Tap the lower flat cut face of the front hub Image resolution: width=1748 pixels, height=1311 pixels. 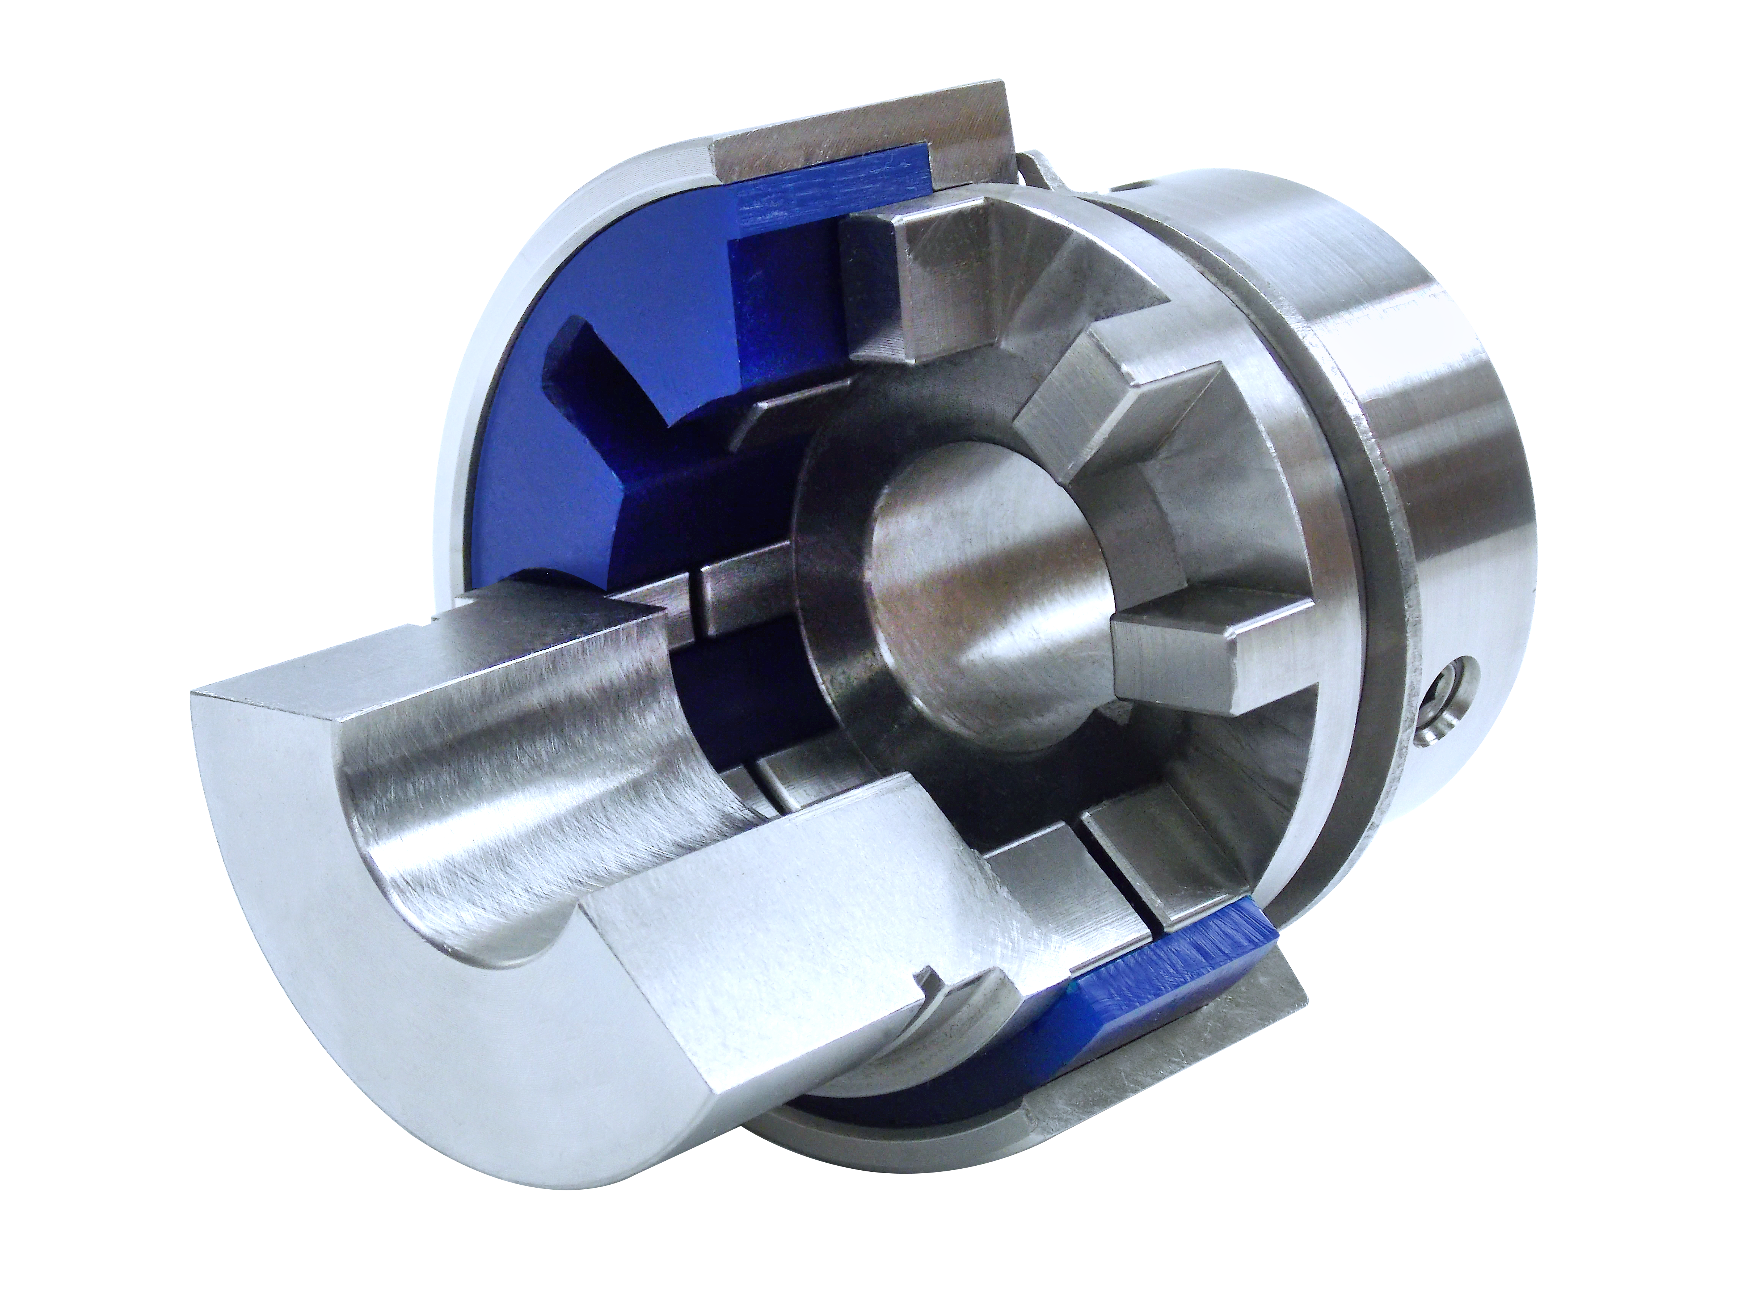coord(790,948)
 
